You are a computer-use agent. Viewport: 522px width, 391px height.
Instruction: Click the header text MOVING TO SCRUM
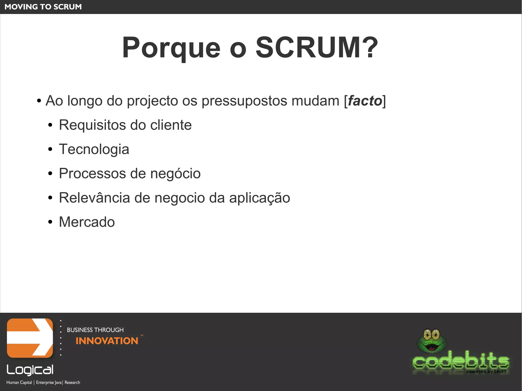[x=43, y=7]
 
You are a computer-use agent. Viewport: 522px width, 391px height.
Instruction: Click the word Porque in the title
[x=171, y=48]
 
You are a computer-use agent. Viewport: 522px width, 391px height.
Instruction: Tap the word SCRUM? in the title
[x=317, y=48]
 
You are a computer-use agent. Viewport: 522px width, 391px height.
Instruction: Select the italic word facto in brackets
[x=365, y=101]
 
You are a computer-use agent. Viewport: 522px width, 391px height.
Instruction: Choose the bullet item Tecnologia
[x=94, y=149]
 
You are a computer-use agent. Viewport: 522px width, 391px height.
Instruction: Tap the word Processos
[x=92, y=173]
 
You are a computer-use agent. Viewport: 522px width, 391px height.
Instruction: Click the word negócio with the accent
[x=175, y=173]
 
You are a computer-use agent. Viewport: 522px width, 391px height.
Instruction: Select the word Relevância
[x=94, y=198]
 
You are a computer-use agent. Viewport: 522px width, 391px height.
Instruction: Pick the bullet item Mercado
[x=87, y=222]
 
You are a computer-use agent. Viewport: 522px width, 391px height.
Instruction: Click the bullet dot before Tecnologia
[x=50, y=150]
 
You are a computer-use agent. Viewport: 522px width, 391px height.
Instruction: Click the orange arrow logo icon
[x=30, y=338]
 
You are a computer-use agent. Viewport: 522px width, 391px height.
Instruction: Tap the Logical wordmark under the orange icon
[x=30, y=370]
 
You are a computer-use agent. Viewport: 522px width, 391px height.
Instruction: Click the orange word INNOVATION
[x=107, y=341]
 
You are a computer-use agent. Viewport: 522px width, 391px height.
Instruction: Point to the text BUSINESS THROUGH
[x=95, y=330]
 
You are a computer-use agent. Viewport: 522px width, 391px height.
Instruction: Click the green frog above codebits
[x=431, y=341]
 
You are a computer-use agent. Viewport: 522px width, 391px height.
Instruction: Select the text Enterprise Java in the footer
[x=49, y=382]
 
